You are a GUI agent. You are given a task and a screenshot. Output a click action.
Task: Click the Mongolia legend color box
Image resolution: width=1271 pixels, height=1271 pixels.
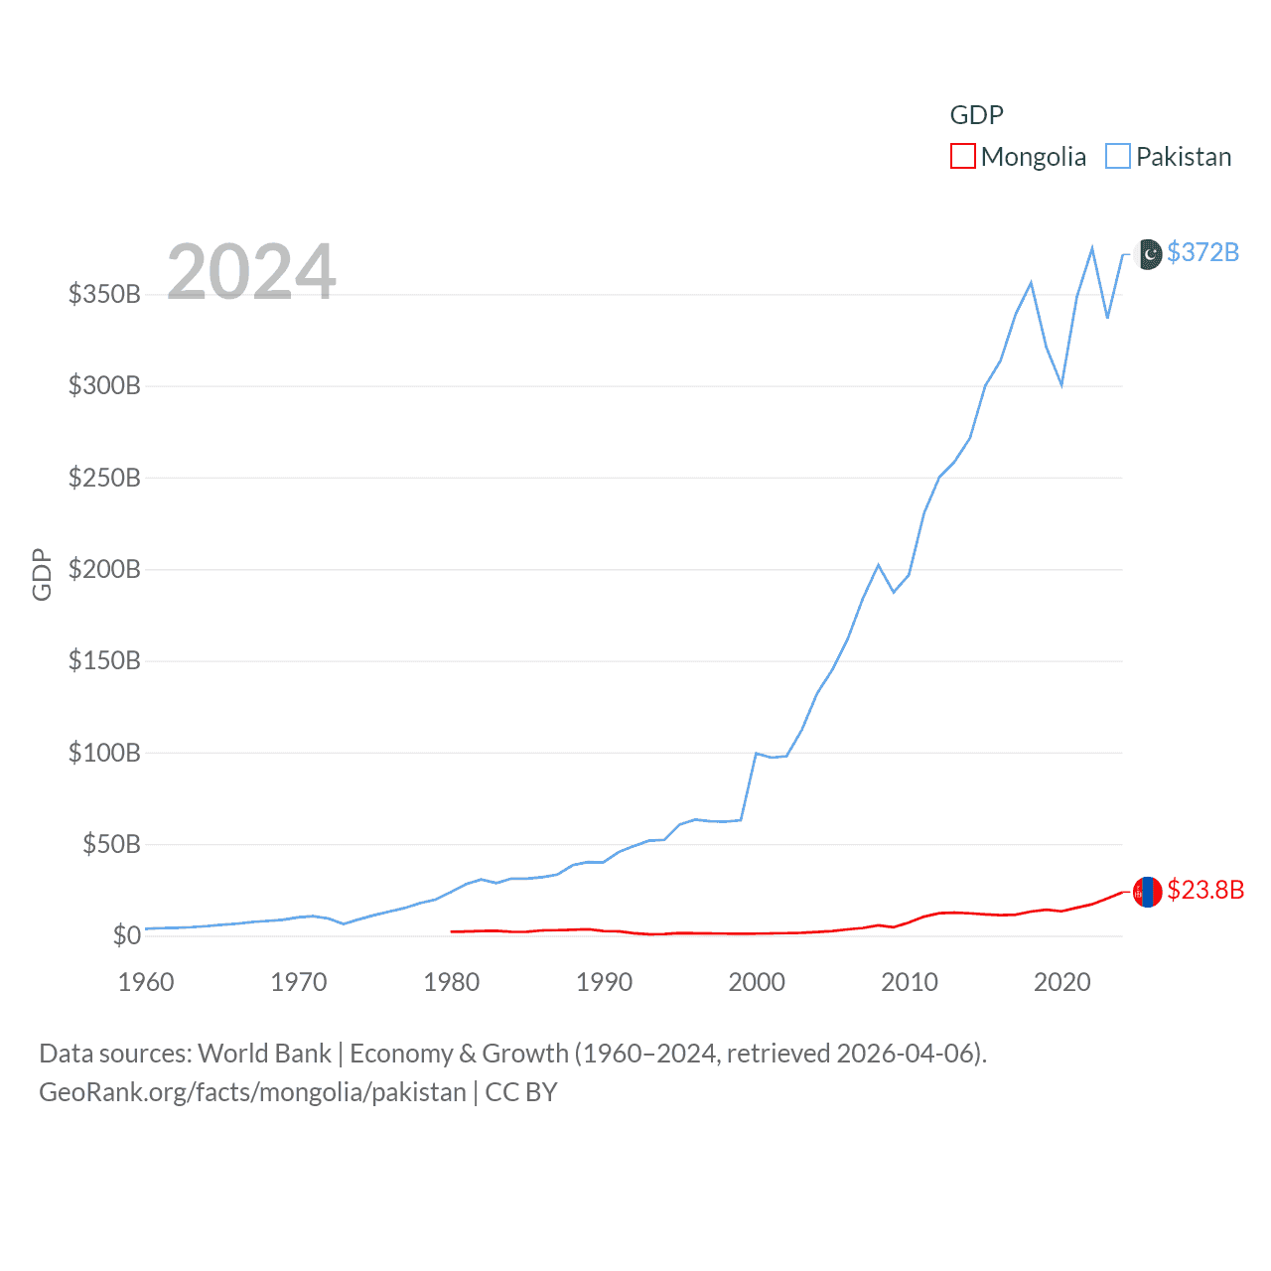click(962, 156)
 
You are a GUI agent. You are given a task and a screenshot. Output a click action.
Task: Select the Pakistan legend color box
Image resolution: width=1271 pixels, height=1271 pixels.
click(1118, 156)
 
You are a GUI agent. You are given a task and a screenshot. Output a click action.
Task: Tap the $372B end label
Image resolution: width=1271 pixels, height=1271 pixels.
click(1202, 252)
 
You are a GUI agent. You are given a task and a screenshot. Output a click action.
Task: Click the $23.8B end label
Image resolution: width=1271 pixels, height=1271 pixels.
click(1205, 890)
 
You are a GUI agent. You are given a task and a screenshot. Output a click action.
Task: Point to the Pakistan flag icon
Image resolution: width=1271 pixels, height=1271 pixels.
click(1148, 254)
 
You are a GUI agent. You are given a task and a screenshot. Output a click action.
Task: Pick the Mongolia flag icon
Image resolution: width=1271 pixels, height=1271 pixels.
click(1147, 892)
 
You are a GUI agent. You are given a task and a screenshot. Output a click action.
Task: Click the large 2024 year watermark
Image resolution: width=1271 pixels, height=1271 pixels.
click(251, 271)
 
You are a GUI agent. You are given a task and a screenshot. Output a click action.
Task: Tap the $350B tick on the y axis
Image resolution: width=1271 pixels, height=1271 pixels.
click(104, 294)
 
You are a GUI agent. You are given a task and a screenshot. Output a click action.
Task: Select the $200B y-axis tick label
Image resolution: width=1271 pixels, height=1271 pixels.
click(104, 569)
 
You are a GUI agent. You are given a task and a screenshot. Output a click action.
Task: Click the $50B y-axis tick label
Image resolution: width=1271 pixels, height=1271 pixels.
click(111, 844)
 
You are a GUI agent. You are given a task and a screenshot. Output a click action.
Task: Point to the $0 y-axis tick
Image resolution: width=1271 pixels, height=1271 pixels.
click(126, 935)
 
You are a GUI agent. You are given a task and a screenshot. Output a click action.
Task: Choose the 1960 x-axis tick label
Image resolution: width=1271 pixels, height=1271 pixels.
click(146, 982)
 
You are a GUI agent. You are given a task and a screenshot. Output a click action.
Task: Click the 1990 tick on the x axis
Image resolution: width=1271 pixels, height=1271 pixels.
click(604, 982)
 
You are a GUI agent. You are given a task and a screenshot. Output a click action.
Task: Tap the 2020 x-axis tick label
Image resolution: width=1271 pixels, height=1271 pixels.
click(1061, 982)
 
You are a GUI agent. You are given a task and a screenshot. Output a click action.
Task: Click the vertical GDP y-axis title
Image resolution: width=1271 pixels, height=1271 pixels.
click(42, 574)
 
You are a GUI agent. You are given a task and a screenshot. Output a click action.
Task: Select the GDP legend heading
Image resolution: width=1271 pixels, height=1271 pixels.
click(976, 115)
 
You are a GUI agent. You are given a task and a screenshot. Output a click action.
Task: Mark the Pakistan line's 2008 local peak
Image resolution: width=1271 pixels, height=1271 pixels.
click(878, 565)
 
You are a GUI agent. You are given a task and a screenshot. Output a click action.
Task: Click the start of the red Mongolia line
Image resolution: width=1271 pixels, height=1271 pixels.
click(452, 931)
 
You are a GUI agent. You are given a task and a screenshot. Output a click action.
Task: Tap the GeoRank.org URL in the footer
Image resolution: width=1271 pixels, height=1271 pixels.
click(252, 1092)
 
